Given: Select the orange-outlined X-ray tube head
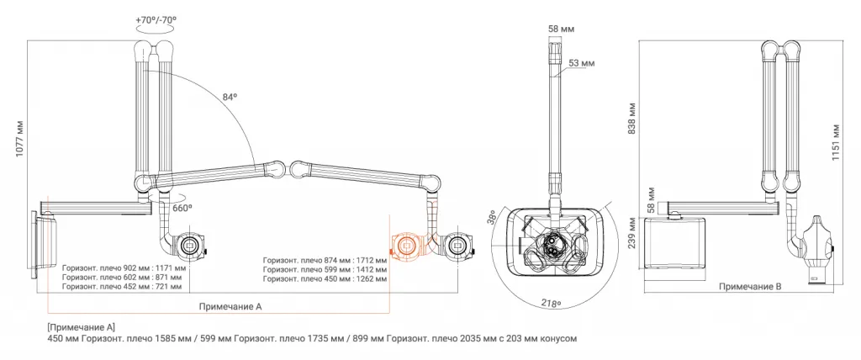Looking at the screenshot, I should [x=407, y=246].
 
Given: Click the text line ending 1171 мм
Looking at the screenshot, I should [x=121, y=267].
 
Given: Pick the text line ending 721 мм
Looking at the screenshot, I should [x=121, y=286].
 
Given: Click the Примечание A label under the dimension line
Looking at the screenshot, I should [x=231, y=307].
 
